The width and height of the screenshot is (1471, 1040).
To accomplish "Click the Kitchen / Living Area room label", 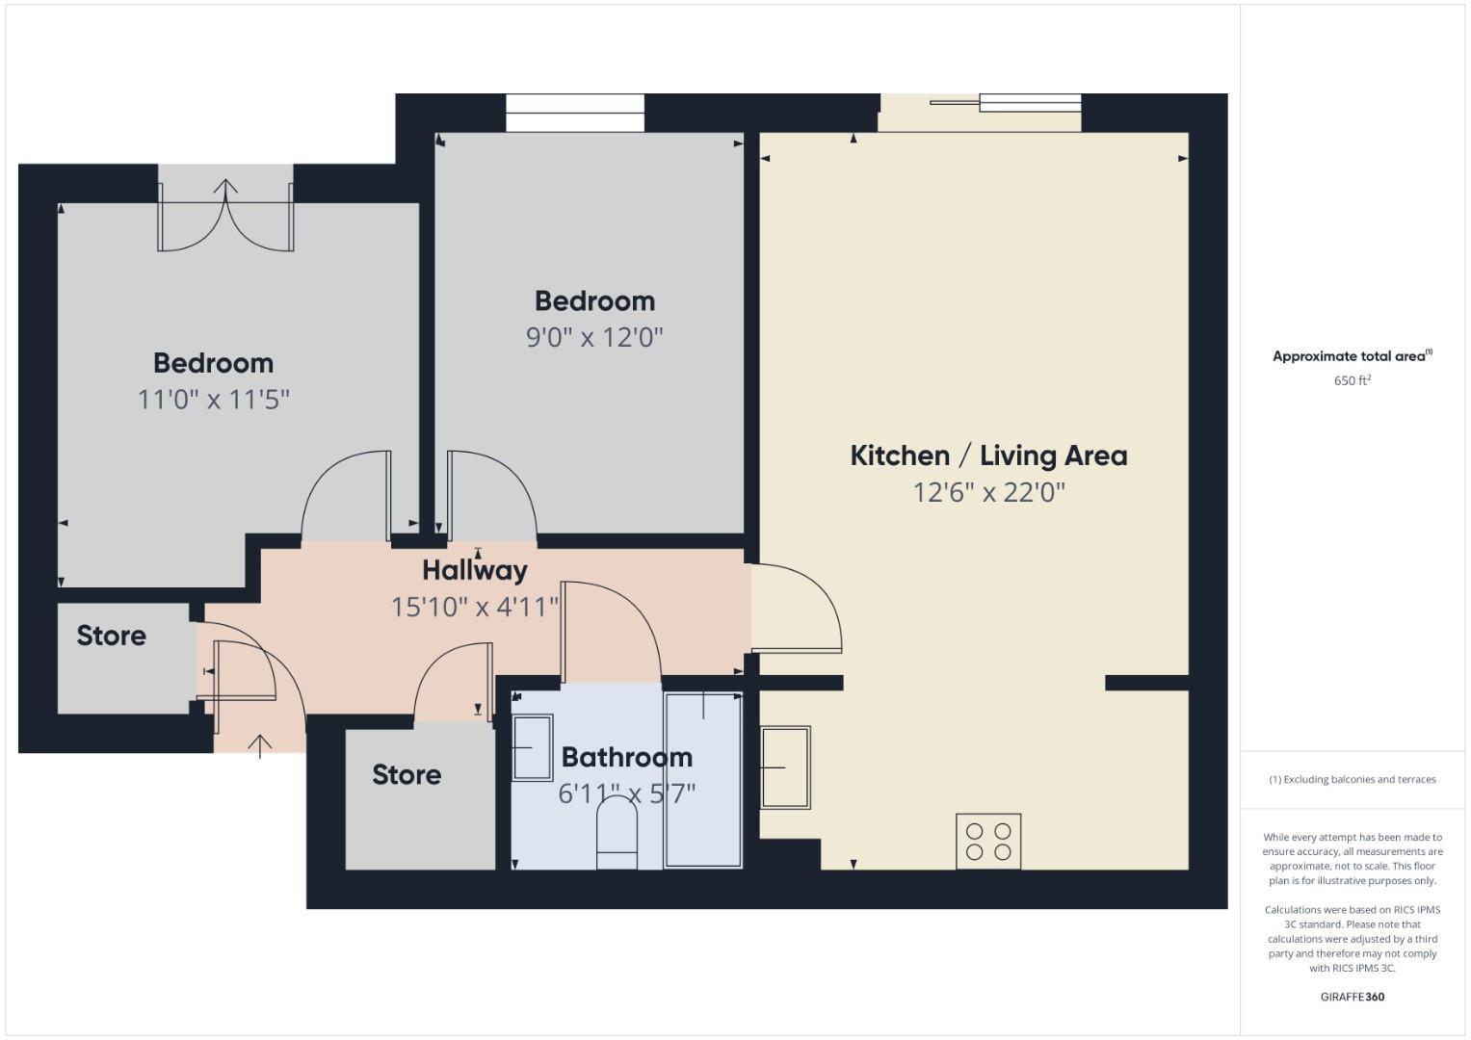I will coord(988,455).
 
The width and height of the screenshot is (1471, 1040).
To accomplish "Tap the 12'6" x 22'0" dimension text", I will coord(988,493).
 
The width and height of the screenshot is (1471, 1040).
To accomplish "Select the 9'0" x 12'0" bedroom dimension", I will coord(594,338).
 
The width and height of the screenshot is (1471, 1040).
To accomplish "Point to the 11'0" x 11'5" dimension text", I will coord(213,399).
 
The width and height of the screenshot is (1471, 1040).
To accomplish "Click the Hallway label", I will coord(475,570).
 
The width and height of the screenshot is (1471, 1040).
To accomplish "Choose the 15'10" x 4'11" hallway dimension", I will coord(475,607).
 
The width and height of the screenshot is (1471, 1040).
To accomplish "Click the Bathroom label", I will coord(626,757).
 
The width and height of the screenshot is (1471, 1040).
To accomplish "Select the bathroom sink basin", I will coord(532,746).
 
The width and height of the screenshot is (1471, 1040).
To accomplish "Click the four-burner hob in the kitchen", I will coord(988,841).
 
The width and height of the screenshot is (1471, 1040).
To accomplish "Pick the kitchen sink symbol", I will coord(786,767).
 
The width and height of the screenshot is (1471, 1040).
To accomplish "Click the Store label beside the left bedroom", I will coord(111,636).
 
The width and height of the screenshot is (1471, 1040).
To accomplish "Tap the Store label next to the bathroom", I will coord(407,774).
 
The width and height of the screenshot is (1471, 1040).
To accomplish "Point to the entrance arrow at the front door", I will coord(259,745).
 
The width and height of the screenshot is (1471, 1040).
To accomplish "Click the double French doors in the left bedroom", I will coord(225,217).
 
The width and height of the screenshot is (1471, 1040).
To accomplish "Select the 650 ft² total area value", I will coord(1352,380).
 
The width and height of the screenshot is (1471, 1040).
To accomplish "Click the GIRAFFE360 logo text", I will coord(1352,997).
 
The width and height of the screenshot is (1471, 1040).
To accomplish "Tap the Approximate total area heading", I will coord(1352,356).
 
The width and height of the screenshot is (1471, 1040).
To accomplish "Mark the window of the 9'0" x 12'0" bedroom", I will coord(575,113).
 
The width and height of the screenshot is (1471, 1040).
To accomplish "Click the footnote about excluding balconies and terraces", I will coord(1352,779).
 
